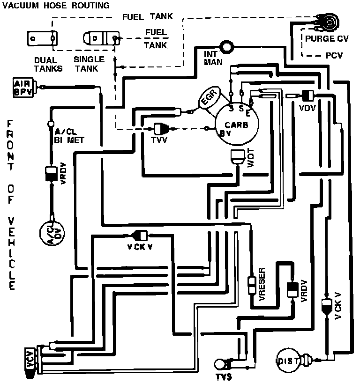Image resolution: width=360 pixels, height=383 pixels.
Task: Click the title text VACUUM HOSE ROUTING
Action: point(56,6)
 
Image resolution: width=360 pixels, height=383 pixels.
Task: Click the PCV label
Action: point(334,55)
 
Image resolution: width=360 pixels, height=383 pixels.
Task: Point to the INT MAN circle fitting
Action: point(228,46)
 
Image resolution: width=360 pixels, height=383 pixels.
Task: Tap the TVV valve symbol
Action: point(162,128)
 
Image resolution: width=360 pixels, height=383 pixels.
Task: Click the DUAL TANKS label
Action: point(45,64)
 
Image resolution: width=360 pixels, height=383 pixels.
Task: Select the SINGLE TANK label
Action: point(89,64)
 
